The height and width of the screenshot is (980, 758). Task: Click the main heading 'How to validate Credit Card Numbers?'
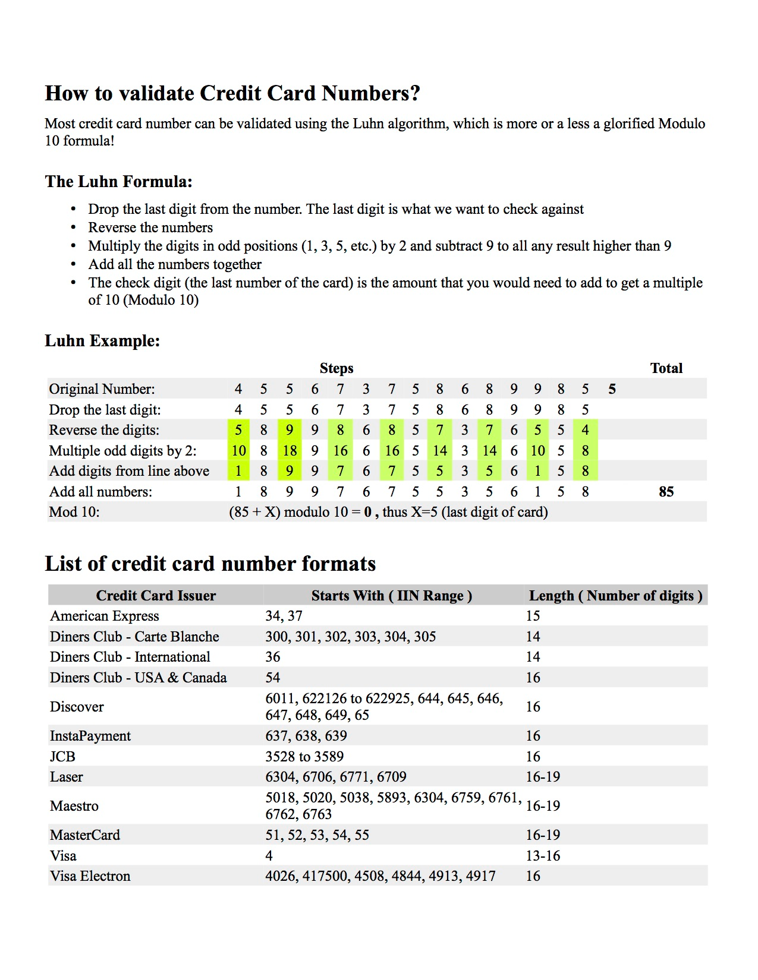232,93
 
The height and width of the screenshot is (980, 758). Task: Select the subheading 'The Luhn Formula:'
119,182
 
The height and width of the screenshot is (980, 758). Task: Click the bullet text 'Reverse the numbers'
150,227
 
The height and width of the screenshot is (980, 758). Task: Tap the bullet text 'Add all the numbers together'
175,264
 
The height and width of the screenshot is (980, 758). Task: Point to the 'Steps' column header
336,368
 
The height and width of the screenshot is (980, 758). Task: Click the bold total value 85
666,492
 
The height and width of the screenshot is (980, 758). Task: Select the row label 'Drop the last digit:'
105,410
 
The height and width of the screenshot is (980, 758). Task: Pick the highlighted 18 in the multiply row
290,451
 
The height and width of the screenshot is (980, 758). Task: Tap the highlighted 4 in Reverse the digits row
585,430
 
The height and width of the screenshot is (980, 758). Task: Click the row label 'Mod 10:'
74,512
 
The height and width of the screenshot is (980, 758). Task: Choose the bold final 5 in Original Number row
612,390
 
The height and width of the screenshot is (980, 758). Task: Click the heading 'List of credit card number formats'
210,564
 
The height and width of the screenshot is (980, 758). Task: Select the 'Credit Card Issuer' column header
156,596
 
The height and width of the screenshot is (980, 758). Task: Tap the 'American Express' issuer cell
105,616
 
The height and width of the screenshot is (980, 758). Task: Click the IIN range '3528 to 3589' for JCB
304,757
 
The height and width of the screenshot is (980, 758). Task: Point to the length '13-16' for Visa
543,856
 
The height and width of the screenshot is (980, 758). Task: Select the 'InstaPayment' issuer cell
90,736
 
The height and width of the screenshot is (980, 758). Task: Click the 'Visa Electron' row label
90,876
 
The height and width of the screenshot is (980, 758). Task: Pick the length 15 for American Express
533,616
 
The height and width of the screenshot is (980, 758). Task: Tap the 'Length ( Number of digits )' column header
615,596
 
